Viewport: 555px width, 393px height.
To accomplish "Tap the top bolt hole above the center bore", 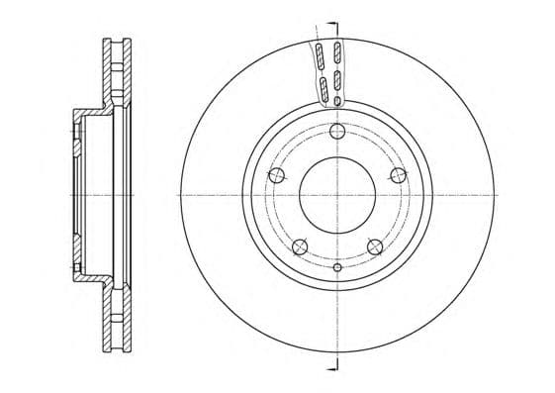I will coord(336,133).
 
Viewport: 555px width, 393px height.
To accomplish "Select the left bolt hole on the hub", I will coord(277,176).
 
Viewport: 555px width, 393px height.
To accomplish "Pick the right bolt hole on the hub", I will coord(398,175).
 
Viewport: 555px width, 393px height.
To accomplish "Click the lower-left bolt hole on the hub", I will coord(300,246).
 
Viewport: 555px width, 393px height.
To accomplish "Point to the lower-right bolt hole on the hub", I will coord(374,246).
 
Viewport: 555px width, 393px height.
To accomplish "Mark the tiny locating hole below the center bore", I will coord(337,267).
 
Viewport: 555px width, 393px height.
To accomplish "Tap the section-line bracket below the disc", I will coord(332,365).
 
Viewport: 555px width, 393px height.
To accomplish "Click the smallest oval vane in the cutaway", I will coord(337,100).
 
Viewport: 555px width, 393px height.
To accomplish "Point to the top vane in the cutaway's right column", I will coord(337,50).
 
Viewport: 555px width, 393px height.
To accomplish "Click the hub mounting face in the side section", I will coord(76,194).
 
